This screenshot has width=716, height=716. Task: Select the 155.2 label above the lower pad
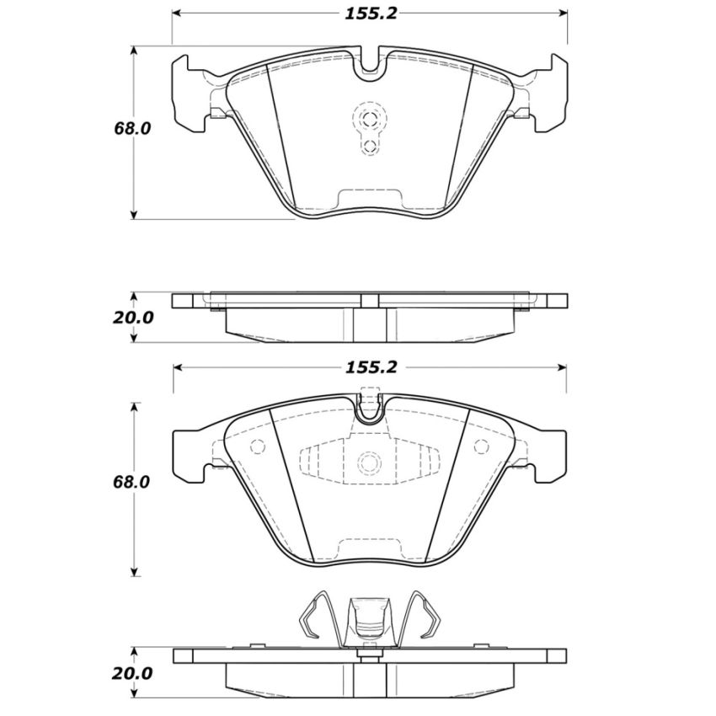coord(368,367)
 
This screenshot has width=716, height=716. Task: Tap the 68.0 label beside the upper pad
coord(132,128)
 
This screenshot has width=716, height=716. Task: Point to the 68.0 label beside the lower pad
coord(132,483)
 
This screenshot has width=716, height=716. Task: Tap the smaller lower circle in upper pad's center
coord(369,147)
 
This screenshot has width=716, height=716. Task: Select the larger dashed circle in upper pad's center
coord(369,117)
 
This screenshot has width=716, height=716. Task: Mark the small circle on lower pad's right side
coord(482,446)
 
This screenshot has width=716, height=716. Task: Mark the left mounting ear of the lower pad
coord(192,455)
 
